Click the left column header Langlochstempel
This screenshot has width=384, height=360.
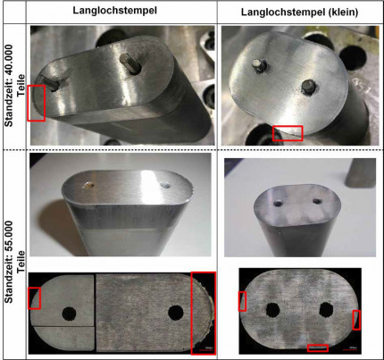pos(115,11)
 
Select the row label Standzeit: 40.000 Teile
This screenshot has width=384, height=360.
pos(15,86)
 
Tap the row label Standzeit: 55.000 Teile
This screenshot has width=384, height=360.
pos(15,262)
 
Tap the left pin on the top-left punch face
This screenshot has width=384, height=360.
pos(51,84)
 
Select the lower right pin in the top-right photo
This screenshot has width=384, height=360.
pos(309,87)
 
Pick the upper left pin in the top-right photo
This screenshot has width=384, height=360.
pos(258,65)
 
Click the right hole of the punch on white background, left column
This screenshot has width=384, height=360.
pos(165,186)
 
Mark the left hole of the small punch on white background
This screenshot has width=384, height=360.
pos(279,204)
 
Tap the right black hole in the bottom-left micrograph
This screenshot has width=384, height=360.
pos(176,313)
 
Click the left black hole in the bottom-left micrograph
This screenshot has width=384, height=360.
pos(69,314)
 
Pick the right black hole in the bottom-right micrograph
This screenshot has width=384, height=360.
pos(326,310)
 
